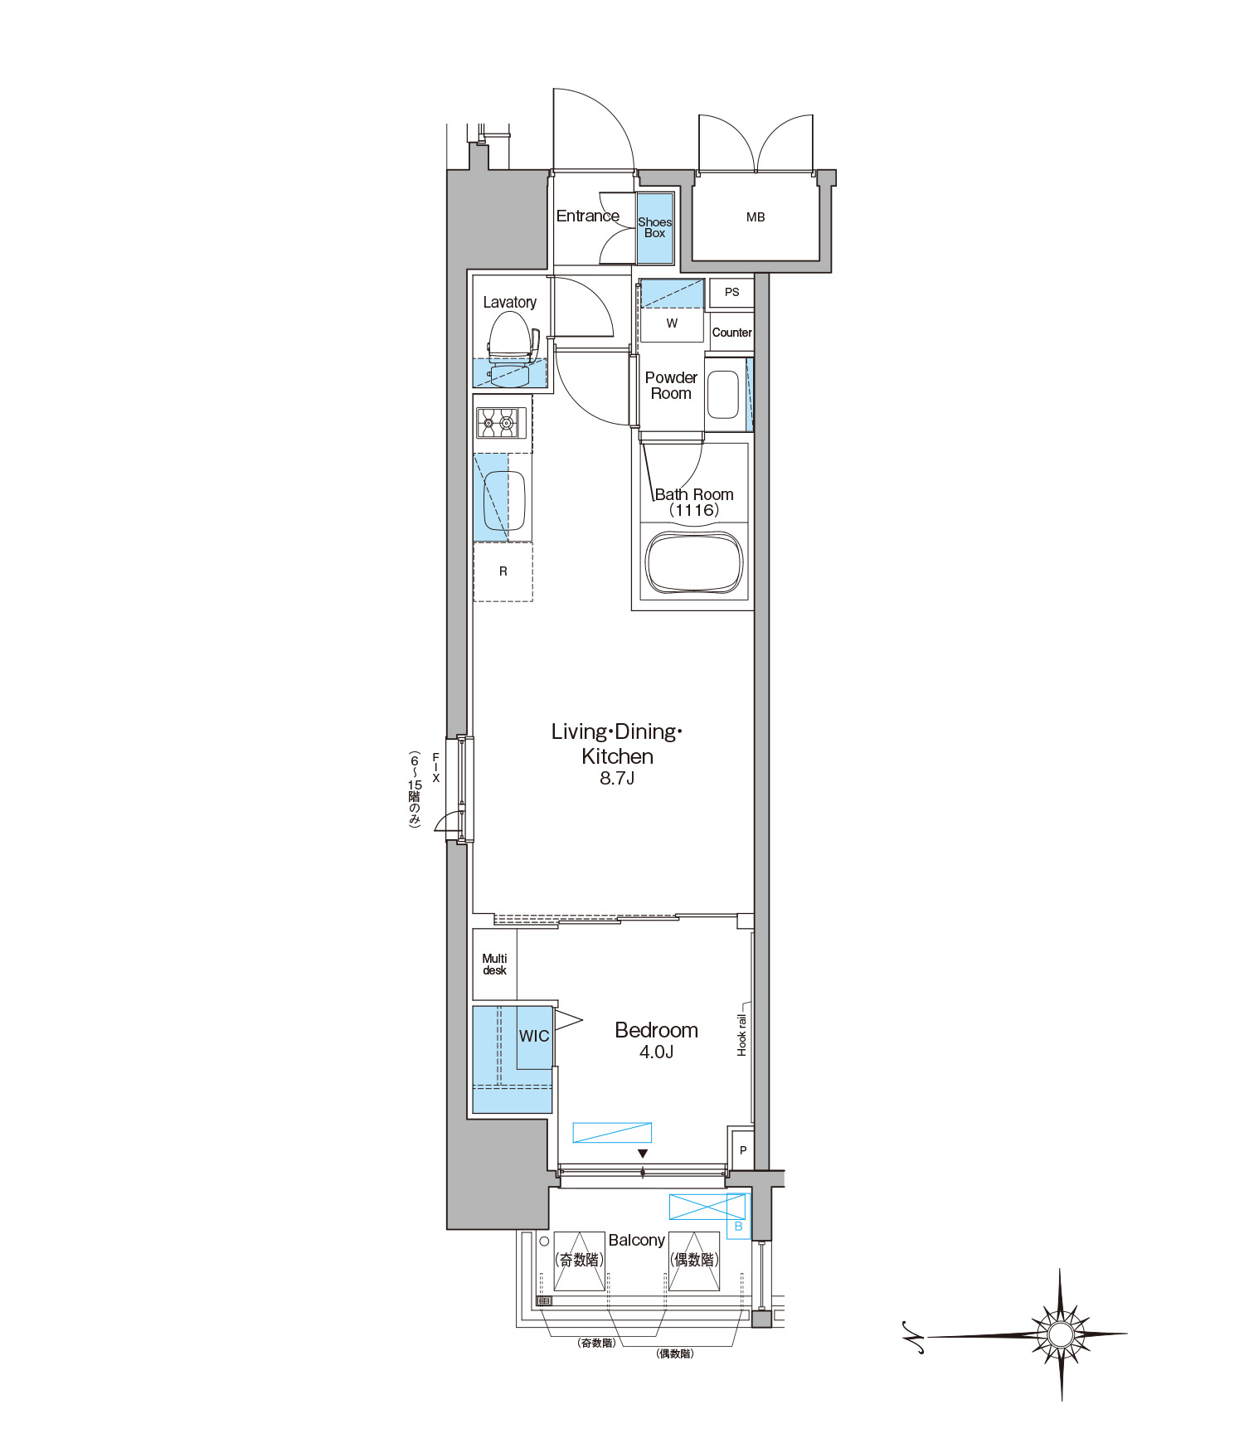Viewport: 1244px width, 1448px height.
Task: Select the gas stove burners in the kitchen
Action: tap(497, 423)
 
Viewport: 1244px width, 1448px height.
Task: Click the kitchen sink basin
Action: tap(504, 500)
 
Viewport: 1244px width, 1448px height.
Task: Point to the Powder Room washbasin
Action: tap(723, 394)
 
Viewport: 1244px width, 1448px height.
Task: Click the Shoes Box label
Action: tap(654, 227)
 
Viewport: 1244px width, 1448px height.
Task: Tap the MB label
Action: tap(756, 217)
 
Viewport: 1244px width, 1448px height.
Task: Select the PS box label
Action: tap(731, 292)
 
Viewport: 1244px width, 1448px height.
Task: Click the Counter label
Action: tap(732, 333)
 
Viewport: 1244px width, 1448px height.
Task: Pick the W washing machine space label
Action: tap(672, 323)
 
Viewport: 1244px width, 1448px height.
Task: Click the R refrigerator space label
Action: tap(503, 571)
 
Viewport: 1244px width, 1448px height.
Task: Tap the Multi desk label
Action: tap(494, 965)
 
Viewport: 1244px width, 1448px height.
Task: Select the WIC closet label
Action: tap(534, 1036)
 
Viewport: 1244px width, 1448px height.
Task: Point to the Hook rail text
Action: tap(741, 1035)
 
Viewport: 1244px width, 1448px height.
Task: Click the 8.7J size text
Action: tap(617, 778)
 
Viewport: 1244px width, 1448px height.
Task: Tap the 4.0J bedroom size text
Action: tap(656, 1052)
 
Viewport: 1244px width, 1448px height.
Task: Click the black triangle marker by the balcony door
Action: tap(643, 1154)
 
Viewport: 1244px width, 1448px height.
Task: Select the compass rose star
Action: tap(1061, 1334)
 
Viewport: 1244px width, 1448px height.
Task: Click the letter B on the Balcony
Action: tap(738, 1227)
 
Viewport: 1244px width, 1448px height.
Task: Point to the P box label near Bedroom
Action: tap(743, 1150)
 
